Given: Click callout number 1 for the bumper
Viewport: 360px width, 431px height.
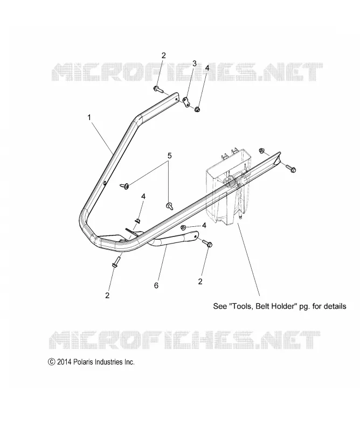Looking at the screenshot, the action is click(x=89, y=117).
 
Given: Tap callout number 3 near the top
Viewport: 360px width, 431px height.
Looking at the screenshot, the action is click(x=194, y=64).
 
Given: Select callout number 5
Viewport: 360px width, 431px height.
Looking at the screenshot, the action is click(x=169, y=156).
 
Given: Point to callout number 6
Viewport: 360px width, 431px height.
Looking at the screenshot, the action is click(x=156, y=286).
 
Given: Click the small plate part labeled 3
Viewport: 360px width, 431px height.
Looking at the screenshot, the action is click(x=185, y=102).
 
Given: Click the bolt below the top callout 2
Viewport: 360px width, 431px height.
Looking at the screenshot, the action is click(x=158, y=89).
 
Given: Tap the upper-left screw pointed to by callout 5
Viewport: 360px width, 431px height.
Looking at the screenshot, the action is click(x=124, y=186).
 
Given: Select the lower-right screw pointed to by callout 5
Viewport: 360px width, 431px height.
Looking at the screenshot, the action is click(x=169, y=206).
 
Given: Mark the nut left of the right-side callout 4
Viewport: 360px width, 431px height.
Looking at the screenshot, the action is click(x=184, y=227).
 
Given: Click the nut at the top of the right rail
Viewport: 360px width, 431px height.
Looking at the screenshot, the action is click(x=262, y=150).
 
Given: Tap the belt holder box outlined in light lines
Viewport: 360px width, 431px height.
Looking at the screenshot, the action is click(x=229, y=187).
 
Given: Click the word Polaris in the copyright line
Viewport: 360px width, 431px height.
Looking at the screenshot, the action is click(x=83, y=362).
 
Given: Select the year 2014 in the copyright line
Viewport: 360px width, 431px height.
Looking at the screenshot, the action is click(x=64, y=362).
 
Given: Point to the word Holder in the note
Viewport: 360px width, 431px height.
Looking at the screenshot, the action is click(x=285, y=306).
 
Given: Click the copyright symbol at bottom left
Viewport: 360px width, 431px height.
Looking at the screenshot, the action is click(x=51, y=362).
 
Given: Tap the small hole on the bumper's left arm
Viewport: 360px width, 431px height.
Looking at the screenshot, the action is click(x=106, y=183).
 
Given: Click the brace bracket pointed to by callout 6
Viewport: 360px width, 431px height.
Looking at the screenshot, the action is click(x=173, y=239).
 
